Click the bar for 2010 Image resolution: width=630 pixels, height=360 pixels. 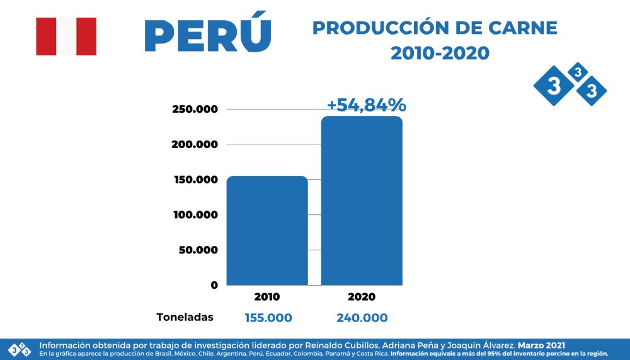click(267, 230)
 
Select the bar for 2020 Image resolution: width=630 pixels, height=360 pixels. click(362, 200)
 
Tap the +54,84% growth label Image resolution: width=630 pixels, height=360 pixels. click(366, 105)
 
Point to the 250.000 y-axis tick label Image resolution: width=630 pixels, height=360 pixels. click(195, 109)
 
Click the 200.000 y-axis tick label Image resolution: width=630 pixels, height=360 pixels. click(195, 144)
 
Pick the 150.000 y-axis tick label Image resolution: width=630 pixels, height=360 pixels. click(195, 180)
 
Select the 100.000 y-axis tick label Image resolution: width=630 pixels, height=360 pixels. click(195, 215)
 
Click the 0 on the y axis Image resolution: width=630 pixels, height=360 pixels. click(214, 285)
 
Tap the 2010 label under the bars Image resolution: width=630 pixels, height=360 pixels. click(267, 297)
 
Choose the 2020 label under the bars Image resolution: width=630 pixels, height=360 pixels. click(362, 297)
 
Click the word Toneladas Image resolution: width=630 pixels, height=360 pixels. click(185, 317)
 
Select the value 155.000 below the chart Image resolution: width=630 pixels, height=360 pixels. click(268, 318)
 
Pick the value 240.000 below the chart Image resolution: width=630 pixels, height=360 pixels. click(362, 318)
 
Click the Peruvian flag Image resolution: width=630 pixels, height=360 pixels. click(66, 37)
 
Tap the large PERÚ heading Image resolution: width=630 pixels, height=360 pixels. click(208, 35)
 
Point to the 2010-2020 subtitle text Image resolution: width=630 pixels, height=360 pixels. click(440, 54)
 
